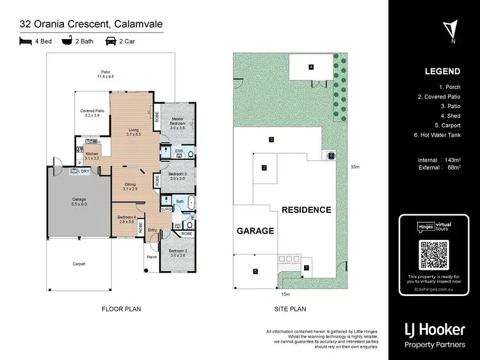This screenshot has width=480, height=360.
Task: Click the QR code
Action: pyautogui.click(x=433, y=256)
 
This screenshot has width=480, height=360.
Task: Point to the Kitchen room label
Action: pyautogui.click(x=92, y=155)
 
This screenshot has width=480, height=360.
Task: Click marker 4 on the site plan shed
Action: pyautogui.click(x=311, y=67)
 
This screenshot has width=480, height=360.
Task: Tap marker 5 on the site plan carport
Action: pyautogui.click(x=255, y=272)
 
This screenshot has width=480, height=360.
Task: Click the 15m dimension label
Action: pyautogui.click(x=285, y=295)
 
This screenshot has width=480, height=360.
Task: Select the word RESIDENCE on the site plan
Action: pyautogui.click(x=306, y=210)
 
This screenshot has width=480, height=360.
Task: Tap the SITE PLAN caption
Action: pyautogui.click(x=291, y=309)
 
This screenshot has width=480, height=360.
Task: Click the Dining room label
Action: pyautogui.click(x=131, y=186)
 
